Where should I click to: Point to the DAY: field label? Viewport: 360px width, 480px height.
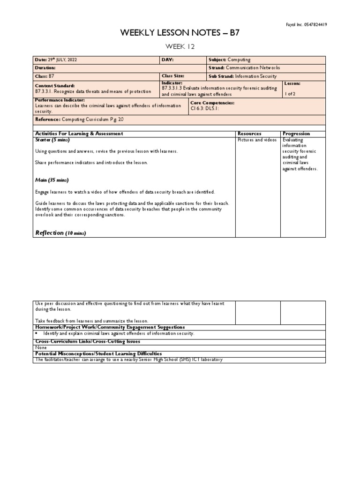(x=168, y=60)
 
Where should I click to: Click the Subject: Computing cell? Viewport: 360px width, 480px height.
(x=230, y=60)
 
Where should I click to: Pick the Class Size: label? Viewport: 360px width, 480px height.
(x=173, y=75)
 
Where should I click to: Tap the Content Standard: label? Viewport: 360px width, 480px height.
(x=55, y=86)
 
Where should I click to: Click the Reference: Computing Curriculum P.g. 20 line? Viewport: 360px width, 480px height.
(x=78, y=120)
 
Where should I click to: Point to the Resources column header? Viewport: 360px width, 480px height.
(x=249, y=134)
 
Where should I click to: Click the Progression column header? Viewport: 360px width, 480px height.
(x=297, y=134)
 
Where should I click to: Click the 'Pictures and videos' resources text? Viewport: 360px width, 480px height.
(x=257, y=140)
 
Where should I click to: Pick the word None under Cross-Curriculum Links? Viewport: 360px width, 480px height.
(x=41, y=348)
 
